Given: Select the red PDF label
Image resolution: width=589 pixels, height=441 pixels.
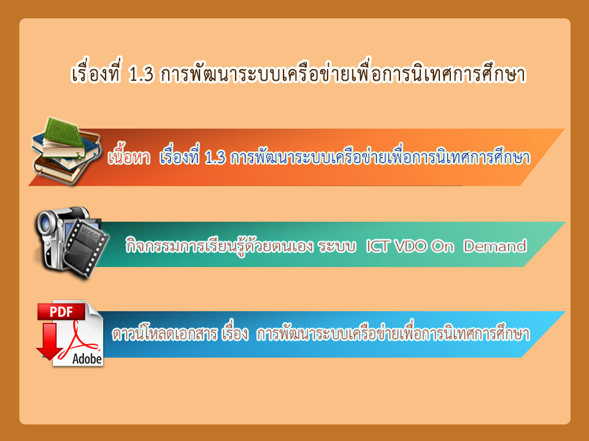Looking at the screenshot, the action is tap(61, 312).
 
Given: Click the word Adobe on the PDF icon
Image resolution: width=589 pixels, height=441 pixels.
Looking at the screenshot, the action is tap(87, 359).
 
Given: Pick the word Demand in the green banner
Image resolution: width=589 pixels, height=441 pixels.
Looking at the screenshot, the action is tap(495, 246).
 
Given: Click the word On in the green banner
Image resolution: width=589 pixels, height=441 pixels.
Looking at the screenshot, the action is tap(442, 246).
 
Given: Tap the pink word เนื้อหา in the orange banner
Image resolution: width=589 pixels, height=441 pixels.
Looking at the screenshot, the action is tap(129, 156).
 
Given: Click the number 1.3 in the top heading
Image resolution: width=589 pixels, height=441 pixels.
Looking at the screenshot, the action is tap(141, 75).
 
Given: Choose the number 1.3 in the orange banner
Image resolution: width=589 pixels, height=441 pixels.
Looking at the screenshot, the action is tap(215, 158).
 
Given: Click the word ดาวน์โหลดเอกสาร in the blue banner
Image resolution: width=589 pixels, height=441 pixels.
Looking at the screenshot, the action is tap(165, 333).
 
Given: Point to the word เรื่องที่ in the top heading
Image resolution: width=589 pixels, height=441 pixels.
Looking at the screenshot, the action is tap(96, 72).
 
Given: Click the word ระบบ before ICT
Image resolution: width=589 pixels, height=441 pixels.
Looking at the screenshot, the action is tap(337, 246).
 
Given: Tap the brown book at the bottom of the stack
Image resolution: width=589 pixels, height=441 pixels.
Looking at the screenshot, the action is tap(60, 170).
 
